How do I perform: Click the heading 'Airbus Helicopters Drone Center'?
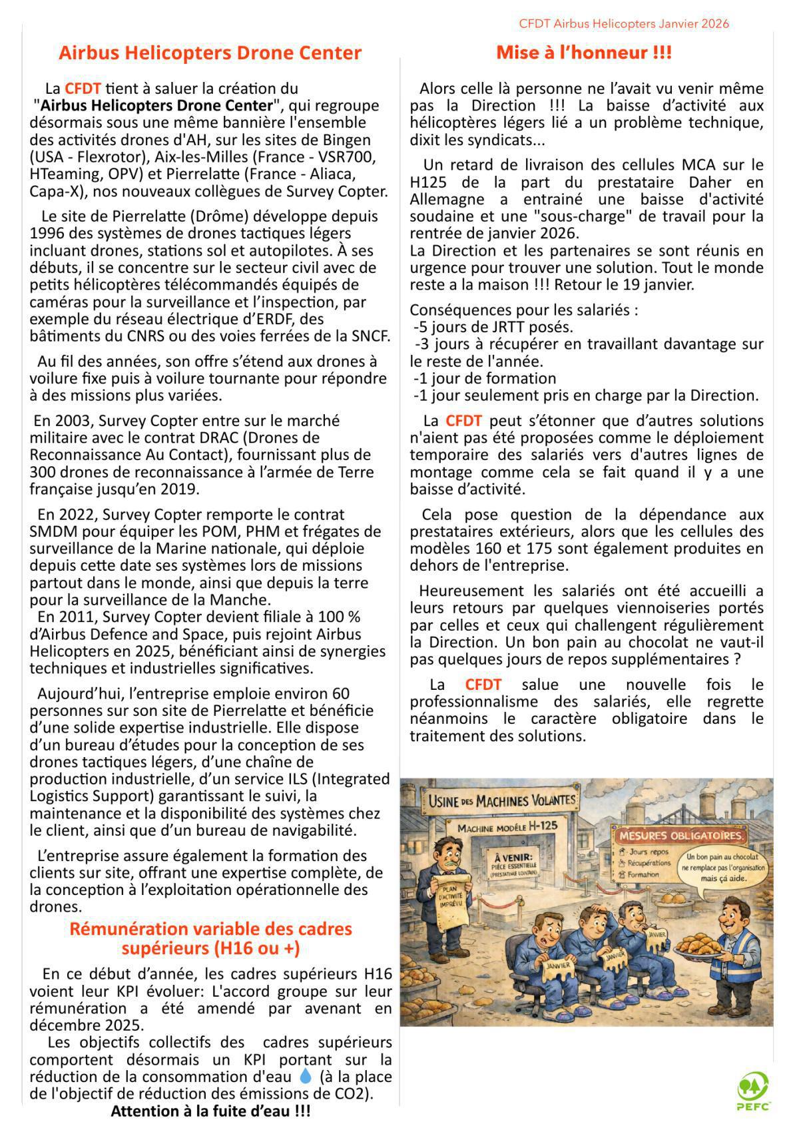(x=210, y=53)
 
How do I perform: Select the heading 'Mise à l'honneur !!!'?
(x=583, y=53)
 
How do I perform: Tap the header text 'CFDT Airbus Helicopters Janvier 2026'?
(x=623, y=24)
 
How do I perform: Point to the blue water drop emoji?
(x=305, y=1076)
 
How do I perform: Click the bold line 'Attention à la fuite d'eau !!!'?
(x=210, y=1111)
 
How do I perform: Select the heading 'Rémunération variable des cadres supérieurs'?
(x=210, y=938)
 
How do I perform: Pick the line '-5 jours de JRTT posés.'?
(x=493, y=327)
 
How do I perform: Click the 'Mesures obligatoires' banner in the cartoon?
(x=682, y=836)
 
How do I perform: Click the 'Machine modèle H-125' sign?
(x=506, y=826)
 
